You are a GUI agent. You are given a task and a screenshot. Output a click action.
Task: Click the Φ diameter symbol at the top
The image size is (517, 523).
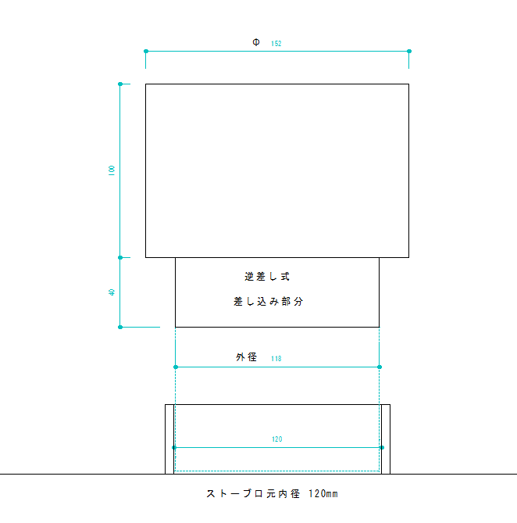click(x=256, y=42)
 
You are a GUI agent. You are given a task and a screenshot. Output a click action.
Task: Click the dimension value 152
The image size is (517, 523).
click(x=276, y=44)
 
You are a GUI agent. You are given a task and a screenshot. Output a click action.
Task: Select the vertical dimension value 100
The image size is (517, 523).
click(x=112, y=170)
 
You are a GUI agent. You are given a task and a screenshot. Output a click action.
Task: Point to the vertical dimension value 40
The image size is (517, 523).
click(x=112, y=292)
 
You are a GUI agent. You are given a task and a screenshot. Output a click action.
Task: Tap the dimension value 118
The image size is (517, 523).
click(x=276, y=359)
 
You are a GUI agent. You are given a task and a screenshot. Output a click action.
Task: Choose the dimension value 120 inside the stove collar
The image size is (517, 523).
click(x=277, y=439)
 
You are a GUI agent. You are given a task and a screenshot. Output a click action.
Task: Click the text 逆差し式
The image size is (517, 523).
click(x=268, y=276)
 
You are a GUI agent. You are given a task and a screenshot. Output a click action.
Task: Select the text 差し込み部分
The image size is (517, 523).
click(x=268, y=301)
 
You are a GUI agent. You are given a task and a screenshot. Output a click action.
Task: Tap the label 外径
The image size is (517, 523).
click(x=247, y=357)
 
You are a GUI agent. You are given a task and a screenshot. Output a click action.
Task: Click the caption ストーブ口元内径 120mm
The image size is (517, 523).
click(x=272, y=494)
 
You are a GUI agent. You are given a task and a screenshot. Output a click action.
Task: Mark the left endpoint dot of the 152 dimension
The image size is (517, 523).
click(x=146, y=52)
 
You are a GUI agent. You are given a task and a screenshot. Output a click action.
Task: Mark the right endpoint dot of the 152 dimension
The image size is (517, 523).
click(x=409, y=52)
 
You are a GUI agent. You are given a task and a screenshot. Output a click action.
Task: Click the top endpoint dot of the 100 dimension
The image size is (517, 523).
click(x=120, y=84)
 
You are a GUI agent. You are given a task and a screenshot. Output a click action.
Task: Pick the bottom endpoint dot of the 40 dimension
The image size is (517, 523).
click(x=120, y=327)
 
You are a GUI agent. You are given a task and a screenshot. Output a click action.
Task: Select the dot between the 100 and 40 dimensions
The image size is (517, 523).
click(x=120, y=257)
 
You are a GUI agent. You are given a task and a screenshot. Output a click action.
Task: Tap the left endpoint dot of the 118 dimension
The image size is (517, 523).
click(x=176, y=367)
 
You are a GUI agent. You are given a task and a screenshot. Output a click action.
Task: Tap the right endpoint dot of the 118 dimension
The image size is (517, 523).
click(x=379, y=367)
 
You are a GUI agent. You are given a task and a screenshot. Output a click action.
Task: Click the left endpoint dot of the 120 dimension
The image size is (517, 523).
click(x=174, y=447)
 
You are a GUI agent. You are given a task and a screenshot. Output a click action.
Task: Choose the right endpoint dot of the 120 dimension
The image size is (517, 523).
click(x=381, y=447)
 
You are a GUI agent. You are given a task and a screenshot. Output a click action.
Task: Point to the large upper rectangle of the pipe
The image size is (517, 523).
click(x=277, y=170)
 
